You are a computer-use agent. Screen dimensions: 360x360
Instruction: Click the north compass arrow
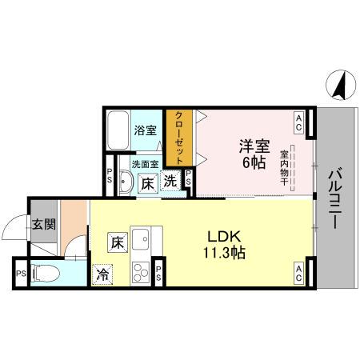click(339, 84)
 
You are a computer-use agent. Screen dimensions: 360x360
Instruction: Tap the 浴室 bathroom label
click(145, 130)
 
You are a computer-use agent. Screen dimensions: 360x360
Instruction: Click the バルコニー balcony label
click(336, 198)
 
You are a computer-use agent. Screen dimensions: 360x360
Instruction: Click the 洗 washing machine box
click(171, 182)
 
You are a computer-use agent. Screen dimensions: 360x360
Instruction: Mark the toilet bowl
click(49, 273)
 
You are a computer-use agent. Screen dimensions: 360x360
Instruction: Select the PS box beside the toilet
click(19, 273)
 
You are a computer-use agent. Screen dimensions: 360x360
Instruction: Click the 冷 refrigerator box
click(103, 272)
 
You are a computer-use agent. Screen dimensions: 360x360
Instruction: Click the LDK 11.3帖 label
click(226, 243)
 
